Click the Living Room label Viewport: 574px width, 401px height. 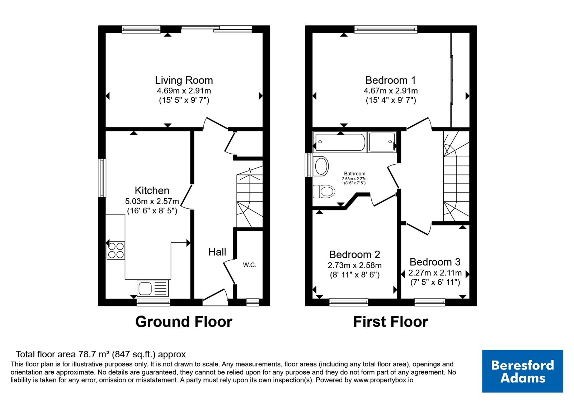(x=184, y=80)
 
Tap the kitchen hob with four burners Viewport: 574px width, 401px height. (x=116, y=250)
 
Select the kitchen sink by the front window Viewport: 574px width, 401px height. (x=153, y=288)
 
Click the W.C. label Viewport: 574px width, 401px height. (x=250, y=265)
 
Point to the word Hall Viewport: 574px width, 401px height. (x=217, y=252)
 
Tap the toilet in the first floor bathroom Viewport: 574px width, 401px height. (x=324, y=191)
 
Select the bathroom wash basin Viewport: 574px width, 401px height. (x=321, y=166)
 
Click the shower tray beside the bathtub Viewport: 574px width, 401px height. (x=382, y=142)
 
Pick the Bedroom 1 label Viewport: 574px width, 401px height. (x=391, y=80)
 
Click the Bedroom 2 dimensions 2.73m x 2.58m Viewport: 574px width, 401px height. (x=355, y=265)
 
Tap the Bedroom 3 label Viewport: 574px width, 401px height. (x=435, y=262)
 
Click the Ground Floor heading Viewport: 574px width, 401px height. (x=184, y=322)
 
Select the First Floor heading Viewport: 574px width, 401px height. (x=391, y=322)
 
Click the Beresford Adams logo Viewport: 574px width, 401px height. (x=522, y=371)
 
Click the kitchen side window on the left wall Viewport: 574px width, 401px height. (x=102, y=178)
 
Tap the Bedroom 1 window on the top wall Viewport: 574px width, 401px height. (x=386, y=29)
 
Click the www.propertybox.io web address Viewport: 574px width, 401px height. (x=384, y=380)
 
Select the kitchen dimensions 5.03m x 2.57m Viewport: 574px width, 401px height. (x=152, y=201)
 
